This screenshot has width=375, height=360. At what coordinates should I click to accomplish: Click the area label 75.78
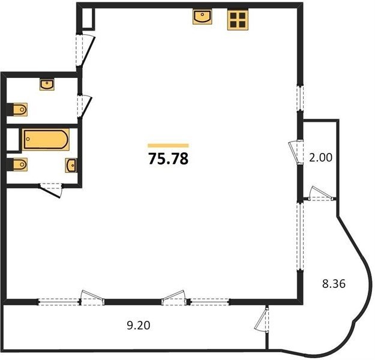point(169,158)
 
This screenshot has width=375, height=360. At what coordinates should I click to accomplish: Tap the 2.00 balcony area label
point(321,158)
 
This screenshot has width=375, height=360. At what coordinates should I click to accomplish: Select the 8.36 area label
point(334,284)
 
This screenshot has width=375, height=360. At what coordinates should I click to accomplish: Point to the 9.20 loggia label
point(139,325)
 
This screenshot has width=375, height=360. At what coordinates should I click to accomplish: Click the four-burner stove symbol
point(238,19)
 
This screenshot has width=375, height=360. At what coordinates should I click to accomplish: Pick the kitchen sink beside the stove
point(202,17)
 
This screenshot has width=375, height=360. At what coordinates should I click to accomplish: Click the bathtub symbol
point(46,139)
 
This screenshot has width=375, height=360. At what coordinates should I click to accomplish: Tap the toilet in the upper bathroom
point(17,110)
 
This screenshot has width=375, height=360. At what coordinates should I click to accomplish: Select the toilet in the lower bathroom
point(17,164)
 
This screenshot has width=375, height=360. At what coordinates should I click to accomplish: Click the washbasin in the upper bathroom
point(47,85)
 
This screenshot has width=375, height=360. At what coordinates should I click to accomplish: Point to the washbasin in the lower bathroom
point(71,165)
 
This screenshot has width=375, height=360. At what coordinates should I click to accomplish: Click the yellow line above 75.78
point(168,145)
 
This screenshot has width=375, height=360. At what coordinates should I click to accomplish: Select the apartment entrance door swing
point(86,50)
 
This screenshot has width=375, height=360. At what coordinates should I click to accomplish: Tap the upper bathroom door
point(85,106)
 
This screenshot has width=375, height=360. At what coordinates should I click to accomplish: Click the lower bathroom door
point(51,190)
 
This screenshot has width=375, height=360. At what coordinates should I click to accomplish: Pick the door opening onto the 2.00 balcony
point(296,152)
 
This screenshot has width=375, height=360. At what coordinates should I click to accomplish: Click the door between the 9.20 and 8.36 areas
point(263,319)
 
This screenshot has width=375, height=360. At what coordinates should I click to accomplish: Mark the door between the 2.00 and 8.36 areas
point(321,194)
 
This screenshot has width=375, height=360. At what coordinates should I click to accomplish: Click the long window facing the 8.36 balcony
point(300,236)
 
